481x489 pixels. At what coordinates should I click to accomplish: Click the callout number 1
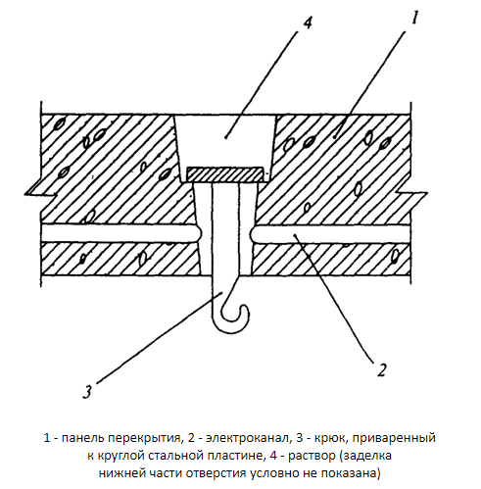pos(414,18)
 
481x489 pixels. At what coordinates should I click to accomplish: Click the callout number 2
pos(381,369)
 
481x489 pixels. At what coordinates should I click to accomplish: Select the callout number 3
pos(87,391)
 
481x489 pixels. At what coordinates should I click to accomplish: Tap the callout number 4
pos(308,23)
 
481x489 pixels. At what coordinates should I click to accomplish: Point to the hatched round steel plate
pos(224,174)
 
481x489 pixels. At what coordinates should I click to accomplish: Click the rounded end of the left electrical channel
pos(198,233)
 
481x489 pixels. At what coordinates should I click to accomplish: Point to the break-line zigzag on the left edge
pos(41,193)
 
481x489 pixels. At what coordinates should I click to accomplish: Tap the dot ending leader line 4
pos(226,137)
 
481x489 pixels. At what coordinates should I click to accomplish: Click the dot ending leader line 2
pos(295,234)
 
